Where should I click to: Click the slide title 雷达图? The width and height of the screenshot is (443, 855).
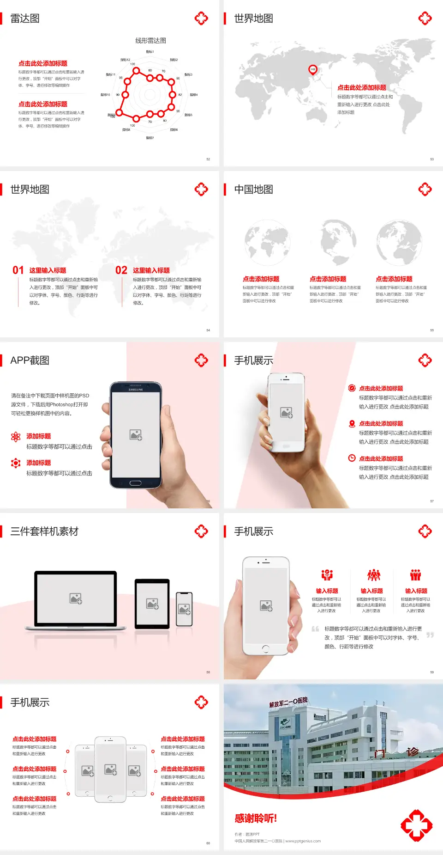click(x=25, y=18)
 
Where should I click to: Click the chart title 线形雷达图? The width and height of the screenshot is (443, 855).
click(x=150, y=41)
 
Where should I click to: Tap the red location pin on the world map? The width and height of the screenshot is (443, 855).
click(x=313, y=70)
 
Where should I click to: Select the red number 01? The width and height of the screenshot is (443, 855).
click(x=18, y=270)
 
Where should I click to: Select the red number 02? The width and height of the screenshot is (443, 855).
click(x=121, y=270)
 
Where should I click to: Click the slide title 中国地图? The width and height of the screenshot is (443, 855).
click(x=253, y=189)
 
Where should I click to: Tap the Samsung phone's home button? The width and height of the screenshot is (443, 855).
click(x=135, y=483)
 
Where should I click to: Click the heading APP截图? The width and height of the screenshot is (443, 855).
click(x=30, y=360)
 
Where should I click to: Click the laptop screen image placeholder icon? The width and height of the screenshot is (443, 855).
click(x=76, y=598)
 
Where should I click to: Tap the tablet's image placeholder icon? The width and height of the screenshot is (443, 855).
click(x=152, y=604)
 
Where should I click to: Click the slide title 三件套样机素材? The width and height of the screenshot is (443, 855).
click(x=44, y=531)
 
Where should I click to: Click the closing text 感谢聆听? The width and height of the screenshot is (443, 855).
click(x=256, y=818)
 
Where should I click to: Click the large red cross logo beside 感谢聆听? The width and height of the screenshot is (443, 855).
click(x=416, y=825)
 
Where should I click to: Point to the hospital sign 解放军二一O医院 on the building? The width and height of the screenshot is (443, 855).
click(x=288, y=702)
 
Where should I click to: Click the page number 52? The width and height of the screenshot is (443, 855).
click(x=208, y=159)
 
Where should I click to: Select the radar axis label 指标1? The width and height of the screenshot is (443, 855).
click(x=150, y=52)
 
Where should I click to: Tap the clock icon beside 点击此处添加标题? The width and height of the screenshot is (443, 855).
click(x=352, y=458)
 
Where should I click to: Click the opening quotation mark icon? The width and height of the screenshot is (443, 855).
click(x=315, y=629)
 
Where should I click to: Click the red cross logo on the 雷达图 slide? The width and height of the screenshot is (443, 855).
click(x=201, y=18)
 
